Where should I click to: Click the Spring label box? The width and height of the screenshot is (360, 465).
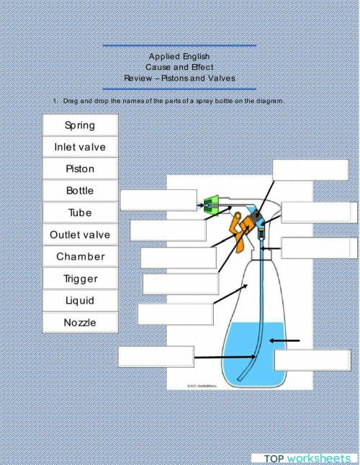click(x=80, y=125)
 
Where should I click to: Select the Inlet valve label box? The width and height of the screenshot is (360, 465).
click(x=80, y=147)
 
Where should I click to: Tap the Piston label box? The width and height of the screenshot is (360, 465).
click(x=80, y=169)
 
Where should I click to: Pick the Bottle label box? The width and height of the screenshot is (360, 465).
click(x=80, y=191)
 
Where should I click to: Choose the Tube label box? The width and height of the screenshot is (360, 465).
click(x=80, y=213)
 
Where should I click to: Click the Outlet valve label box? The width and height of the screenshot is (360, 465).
click(x=80, y=235)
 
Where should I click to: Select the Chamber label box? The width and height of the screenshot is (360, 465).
click(x=80, y=256)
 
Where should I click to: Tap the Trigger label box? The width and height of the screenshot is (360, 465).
click(x=80, y=279)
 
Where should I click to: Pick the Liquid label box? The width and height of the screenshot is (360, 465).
click(x=80, y=300)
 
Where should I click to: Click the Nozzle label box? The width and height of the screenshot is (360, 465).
click(x=80, y=322)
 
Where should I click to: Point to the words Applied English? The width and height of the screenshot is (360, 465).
click(x=179, y=56)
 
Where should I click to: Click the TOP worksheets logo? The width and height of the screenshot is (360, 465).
click(x=306, y=458)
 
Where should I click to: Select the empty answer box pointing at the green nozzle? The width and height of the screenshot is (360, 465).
click(x=158, y=200)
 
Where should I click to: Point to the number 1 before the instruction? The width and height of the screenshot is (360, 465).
click(x=55, y=101)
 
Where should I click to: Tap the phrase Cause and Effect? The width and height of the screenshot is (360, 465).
click(x=179, y=67)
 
